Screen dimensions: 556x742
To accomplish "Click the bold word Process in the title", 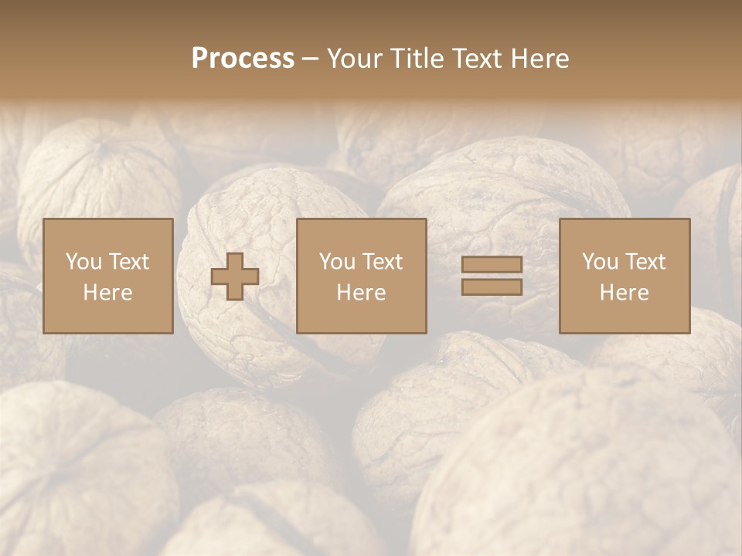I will pyautogui.click(x=243, y=59).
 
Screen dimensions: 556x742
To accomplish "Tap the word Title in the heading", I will pyautogui.click(x=418, y=59).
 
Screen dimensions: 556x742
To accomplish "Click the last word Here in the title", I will pyautogui.click(x=540, y=59).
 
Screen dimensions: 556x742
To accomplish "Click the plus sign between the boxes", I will pyautogui.click(x=235, y=276).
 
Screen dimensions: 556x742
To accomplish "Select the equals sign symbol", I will pyautogui.click(x=492, y=276).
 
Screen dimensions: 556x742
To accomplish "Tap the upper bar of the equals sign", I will pyautogui.click(x=492, y=265).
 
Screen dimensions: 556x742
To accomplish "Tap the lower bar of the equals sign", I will pyautogui.click(x=492, y=286).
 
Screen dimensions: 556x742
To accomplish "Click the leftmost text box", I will pyautogui.click(x=108, y=276).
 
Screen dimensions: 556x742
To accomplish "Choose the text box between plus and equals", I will pyautogui.click(x=362, y=276).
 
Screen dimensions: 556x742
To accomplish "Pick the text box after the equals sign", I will pyautogui.click(x=625, y=276).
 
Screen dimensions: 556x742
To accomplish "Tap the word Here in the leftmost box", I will pyautogui.click(x=108, y=293).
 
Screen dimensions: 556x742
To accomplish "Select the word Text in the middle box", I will pyautogui.click(x=383, y=262).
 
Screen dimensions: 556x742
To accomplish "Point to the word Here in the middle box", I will pyautogui.click(x=362, y=293).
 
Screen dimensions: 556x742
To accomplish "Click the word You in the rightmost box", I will pyautogui.click(x=601, y=262).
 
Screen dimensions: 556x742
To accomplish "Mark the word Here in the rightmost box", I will pyautogui.click(x=625, y=293).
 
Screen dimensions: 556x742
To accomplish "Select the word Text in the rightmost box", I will pyautogui.click(x=645, y=262).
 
